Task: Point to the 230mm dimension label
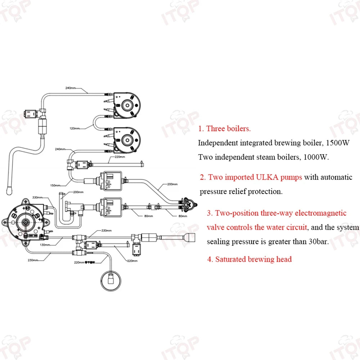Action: [33, 260]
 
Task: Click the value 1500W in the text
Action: [337, 143]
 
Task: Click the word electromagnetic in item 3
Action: [320, 213]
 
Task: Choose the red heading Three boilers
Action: [228, 129]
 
